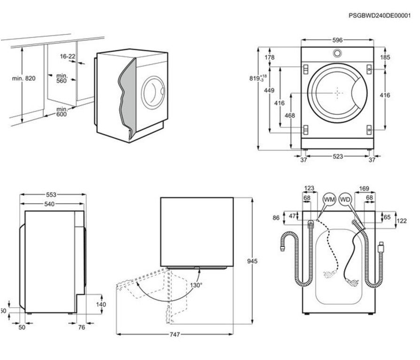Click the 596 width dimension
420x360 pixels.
337,40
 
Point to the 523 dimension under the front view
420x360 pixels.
337,157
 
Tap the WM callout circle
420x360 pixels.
330,199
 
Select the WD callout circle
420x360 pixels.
345,199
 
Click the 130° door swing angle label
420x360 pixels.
196,285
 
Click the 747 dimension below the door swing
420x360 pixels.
174,335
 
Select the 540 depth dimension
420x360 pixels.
49,204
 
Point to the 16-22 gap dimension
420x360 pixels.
68,56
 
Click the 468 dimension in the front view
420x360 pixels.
290,115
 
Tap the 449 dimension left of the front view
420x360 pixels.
269,91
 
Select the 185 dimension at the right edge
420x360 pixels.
385,58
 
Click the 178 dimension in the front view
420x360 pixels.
269,58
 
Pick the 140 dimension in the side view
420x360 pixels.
101,305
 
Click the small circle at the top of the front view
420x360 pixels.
337,53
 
